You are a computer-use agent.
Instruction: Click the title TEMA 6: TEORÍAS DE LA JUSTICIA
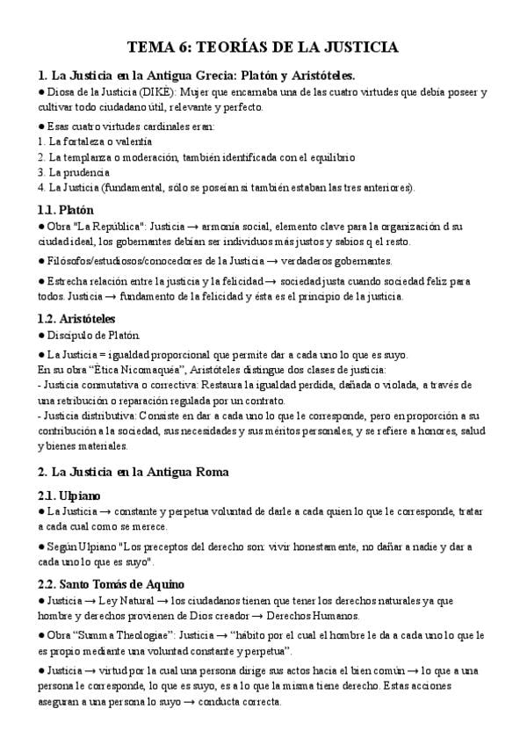click(263, 47)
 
